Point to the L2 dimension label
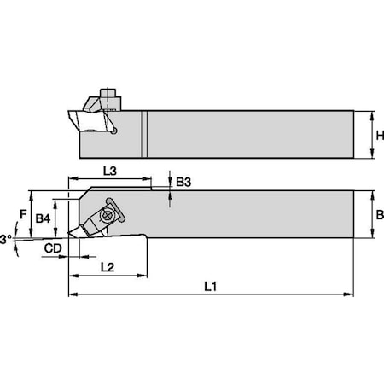tap(107, 267)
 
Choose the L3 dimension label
tap(110, 172)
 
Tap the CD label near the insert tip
tap(52, 249)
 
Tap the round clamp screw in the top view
tap(109, 214)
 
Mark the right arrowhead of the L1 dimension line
tap(351, 294)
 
